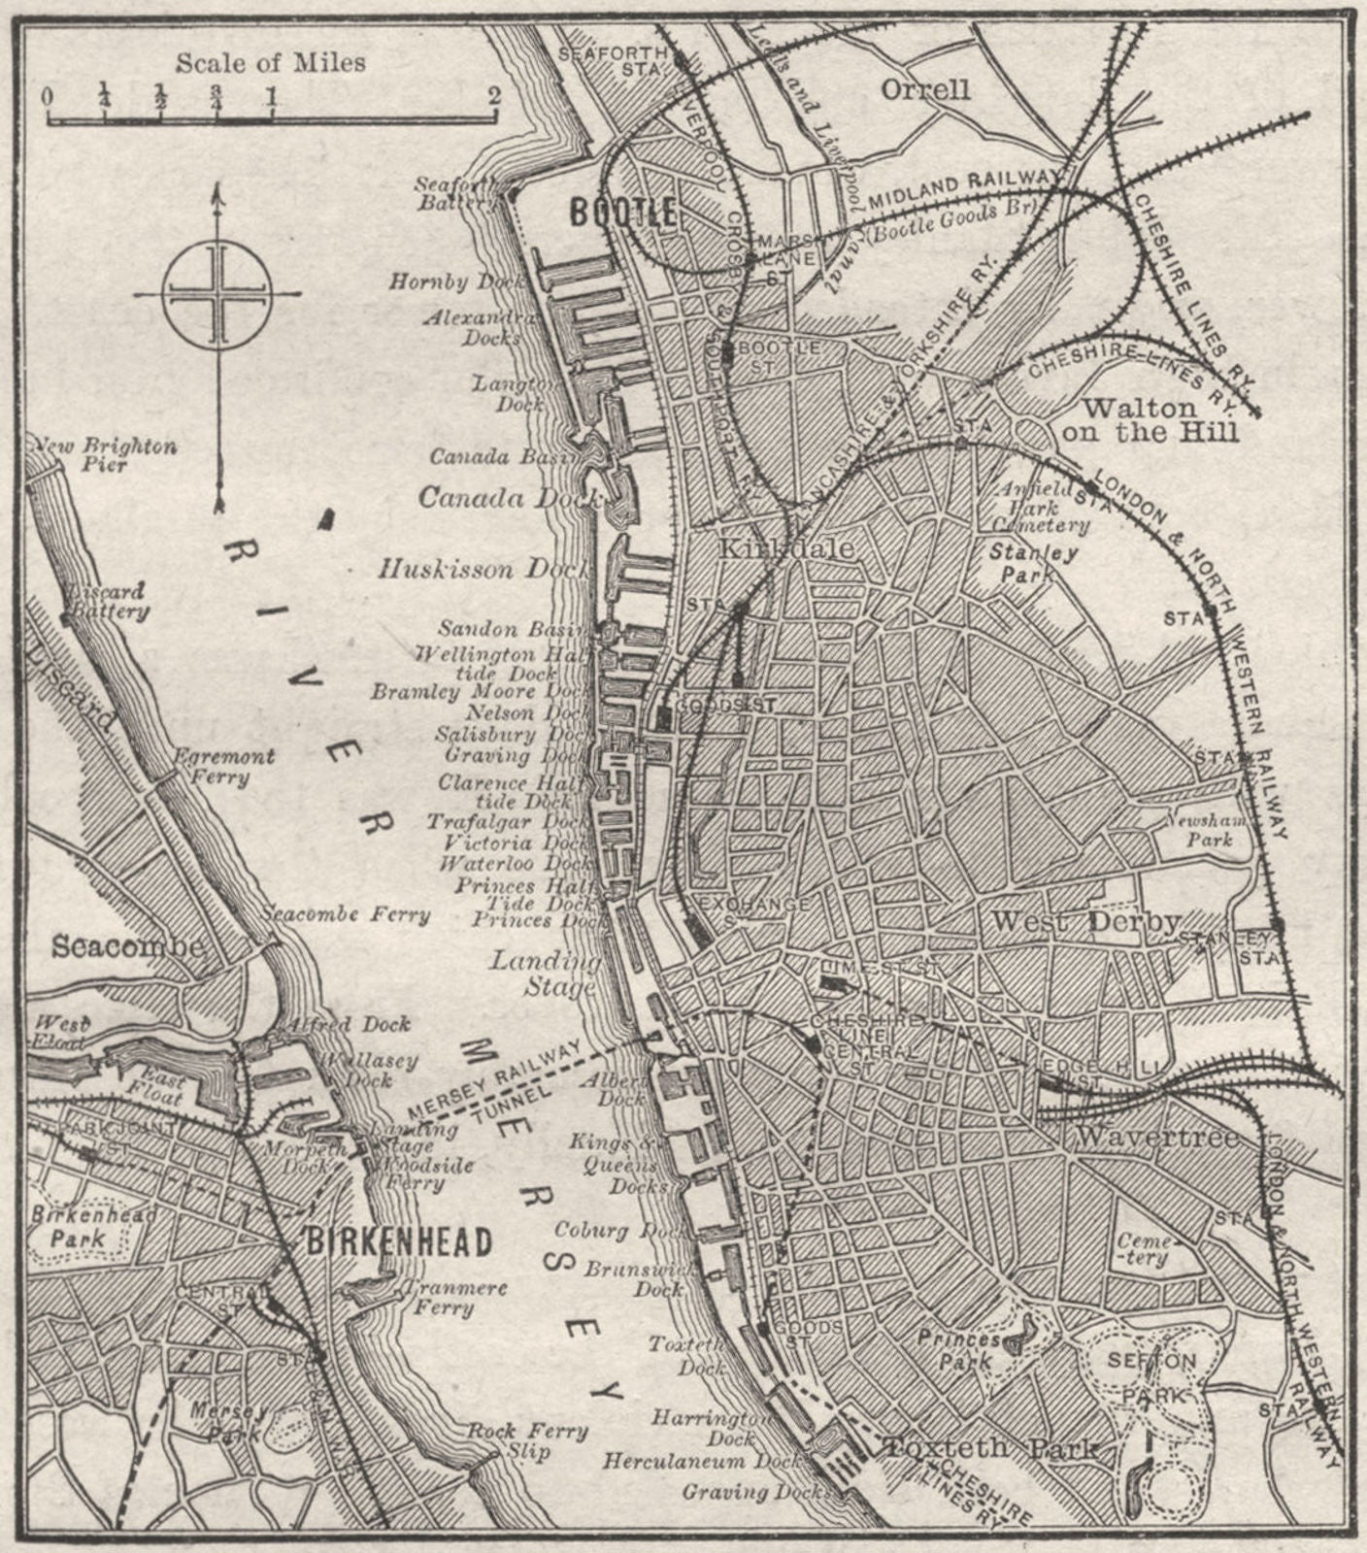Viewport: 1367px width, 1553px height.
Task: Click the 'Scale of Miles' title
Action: (x=270, y=63)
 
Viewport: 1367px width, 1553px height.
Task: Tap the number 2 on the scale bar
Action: (x=495, y=95)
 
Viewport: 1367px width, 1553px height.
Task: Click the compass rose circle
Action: (x=217, y=292)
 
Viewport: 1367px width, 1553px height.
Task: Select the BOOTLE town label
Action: (x=622, y=213)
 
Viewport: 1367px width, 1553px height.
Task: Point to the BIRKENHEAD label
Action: (x=399, y=1241)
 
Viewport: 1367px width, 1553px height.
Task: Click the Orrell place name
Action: (x=924, y=89)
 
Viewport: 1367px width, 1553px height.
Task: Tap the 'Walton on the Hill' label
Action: (x=1150, y=419)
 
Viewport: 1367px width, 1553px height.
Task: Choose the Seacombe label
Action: (x=129, y=945)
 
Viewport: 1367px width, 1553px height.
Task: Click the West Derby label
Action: (x=1085, y=921)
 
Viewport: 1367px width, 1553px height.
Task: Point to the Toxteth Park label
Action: (x=990, y=1449)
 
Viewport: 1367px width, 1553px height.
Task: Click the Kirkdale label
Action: (x=785, y=548)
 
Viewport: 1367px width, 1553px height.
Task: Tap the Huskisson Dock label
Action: (x=483, y=569)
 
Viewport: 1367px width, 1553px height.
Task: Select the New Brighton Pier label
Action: (x=105, y=455)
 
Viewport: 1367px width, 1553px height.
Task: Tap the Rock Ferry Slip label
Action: (x=528, y=1440)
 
